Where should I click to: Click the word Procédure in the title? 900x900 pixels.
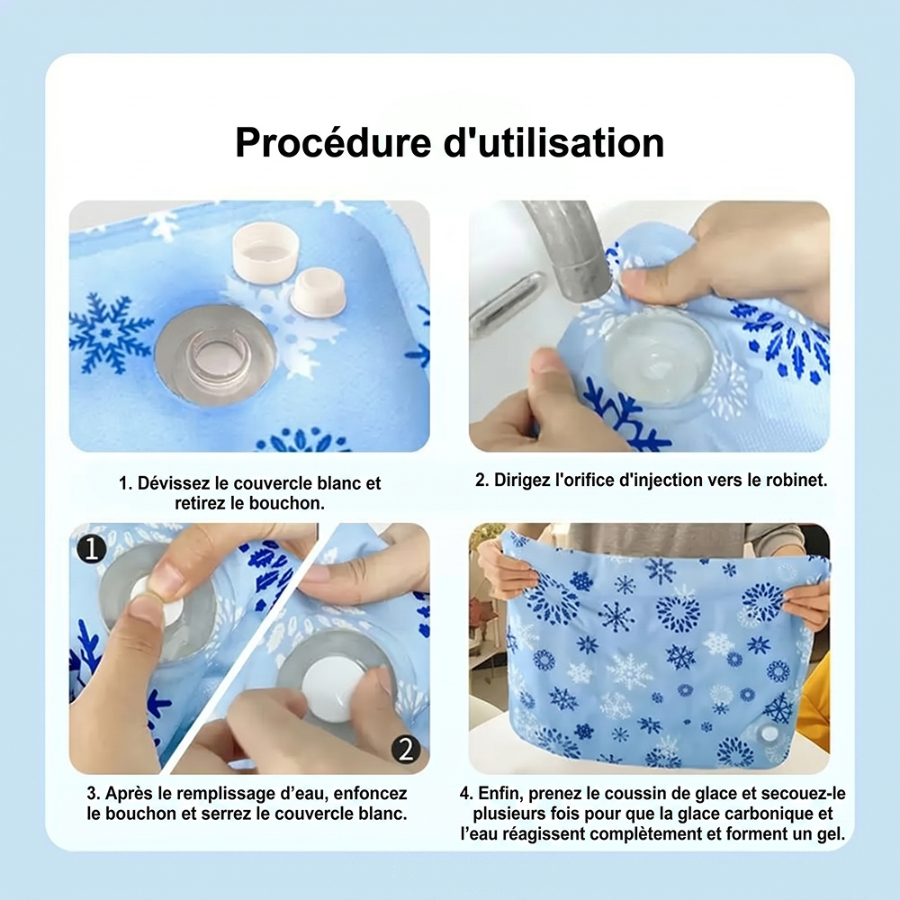(333, 142)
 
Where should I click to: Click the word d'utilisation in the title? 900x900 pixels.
(554, 142)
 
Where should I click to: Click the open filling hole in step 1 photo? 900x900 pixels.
(215, 354)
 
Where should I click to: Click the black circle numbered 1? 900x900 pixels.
(92, 548)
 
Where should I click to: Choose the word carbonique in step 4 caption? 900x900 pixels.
(774, 814)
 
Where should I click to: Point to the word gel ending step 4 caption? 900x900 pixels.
(831, 834)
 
